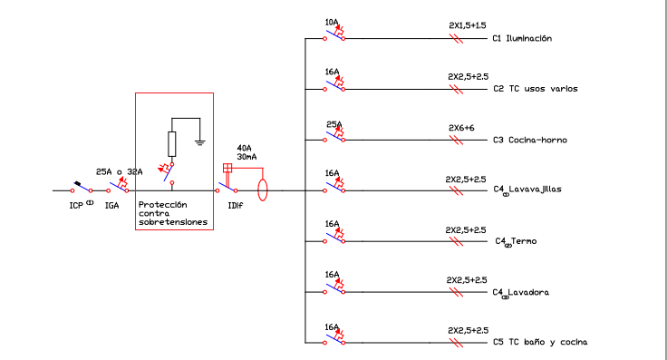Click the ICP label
[x=76, y=206]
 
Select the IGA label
[x=111, y=206]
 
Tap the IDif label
[x=236, y=206]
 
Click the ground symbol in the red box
[x=200, y=142]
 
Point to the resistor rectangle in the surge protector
[x=172, y=144]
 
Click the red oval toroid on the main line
[x=263, y=190]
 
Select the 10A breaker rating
[x=332, y=22]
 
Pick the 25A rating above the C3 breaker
[x=333, y=124]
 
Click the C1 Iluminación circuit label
[x=522, y=38]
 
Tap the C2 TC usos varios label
[x=536, y=89]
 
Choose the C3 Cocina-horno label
[x=530, y=140]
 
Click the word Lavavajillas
[x=535, y=190]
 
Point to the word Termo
[x=524, y=241]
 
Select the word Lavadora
[x=528, y=292]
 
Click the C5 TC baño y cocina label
[x=540, y=342]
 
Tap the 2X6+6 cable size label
[x=461, y=128]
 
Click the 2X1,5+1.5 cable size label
[x=468, y=25]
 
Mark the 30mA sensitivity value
[x=246, y=157]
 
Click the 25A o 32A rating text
[x=119, y=172]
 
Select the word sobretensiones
[x=173, y=222]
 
